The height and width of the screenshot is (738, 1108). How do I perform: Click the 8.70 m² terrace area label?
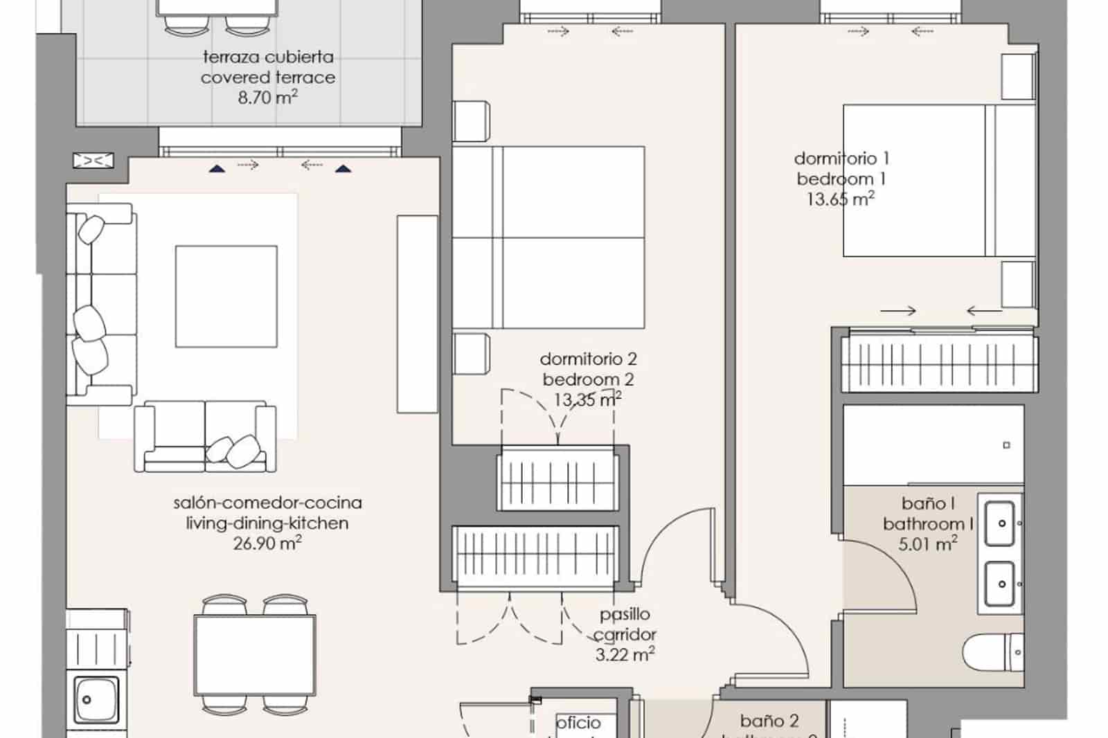(x=267, y=98)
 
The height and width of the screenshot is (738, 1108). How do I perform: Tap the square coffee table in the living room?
(x=226, y=296)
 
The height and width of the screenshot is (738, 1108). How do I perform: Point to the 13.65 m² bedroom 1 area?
(x=840, y=199)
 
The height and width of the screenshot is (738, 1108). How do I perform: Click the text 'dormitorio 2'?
(x=588, y=359)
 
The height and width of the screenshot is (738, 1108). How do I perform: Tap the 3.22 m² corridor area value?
(x=625, y=654)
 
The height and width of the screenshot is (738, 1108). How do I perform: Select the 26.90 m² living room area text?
(x=267, y=543)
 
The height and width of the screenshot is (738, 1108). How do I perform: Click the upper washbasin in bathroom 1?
(x=1001, y=523)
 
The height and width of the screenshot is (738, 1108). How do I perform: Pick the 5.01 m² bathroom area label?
(x=927, y=544)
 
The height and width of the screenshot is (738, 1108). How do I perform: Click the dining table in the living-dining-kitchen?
(x=254, y=654)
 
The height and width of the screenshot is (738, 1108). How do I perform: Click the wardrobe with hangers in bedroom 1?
(x=938, y=361)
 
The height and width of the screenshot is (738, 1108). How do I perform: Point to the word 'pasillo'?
(x=625, y=614)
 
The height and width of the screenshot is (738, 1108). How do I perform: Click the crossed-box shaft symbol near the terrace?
(x=93, y=161)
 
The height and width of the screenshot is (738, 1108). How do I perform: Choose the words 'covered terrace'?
(x=267, y=78)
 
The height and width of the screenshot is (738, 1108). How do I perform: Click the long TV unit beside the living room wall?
(x=417, y=314)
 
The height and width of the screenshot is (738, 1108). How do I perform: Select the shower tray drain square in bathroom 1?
(x=1006, y=445)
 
